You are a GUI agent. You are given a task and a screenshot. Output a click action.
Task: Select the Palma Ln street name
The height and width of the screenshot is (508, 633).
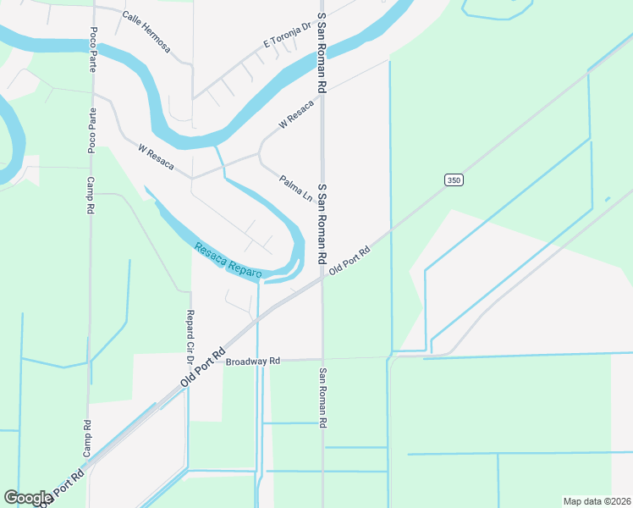[296, 186]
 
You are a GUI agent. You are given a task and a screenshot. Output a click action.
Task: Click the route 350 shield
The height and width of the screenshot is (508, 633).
[454, 180]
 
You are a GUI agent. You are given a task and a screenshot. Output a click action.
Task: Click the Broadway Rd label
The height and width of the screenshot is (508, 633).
[252, 362]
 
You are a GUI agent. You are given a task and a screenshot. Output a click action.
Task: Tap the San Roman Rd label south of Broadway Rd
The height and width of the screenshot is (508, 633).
[322, 398]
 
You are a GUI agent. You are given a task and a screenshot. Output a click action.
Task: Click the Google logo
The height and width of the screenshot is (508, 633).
[28, 498]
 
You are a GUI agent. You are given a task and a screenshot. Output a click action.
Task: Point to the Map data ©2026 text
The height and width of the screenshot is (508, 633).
[597, 501]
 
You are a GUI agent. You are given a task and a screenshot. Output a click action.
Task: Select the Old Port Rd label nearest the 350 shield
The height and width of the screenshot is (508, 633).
[350, 260]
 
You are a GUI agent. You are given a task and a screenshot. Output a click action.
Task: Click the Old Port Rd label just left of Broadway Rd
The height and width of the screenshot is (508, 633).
[203, 366]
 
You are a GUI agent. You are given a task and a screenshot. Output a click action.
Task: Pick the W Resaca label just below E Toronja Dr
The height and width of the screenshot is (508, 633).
[296, 114]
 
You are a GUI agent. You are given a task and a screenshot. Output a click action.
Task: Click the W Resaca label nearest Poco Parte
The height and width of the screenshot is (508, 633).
[156, 157]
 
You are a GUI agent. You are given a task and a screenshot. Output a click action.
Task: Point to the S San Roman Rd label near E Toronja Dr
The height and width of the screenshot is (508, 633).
[322, 52]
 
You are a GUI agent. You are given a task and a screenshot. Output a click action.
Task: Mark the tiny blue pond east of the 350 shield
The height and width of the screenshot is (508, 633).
[608, 200]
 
